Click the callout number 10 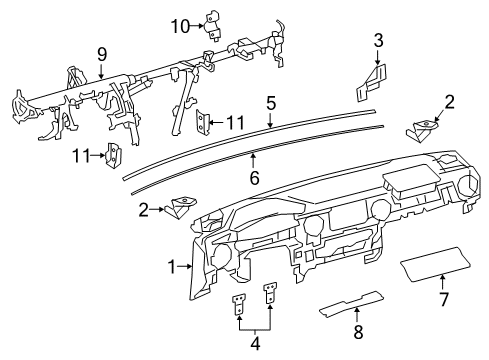(180, 26)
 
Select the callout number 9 (102, 54)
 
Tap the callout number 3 (378, 41)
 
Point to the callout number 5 (271, 103)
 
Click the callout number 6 (254, 178)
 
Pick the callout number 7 (444, 299)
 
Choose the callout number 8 (358, 332)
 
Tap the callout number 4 (255, 343)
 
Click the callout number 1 (172, 267)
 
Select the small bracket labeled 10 (212, 26)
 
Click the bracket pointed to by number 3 (371, 82)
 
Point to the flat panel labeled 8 (351, 303)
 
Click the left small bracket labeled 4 (239, 304)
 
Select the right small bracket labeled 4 (270, 293)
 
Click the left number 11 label (81, 156)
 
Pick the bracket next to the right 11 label (202, 121)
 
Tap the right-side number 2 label (449, 102)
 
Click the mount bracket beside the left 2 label (182, 207)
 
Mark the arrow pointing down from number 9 (101, 70)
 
